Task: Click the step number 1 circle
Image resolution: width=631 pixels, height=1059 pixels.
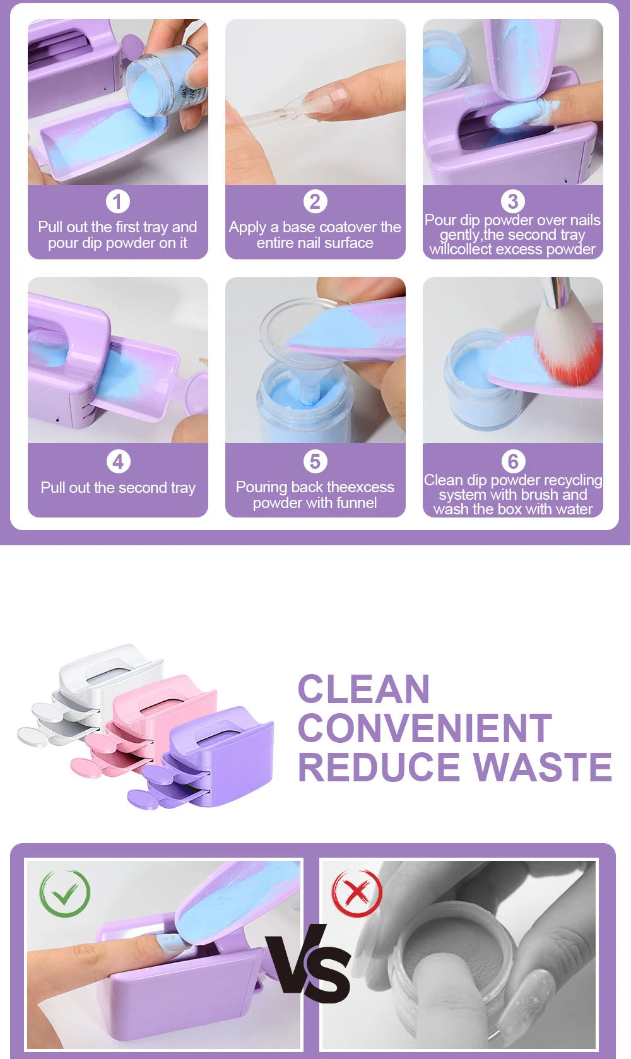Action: [117, 202]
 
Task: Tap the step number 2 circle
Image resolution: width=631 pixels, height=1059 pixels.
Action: [315, 202]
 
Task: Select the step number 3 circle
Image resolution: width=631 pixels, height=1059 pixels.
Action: [512, 201]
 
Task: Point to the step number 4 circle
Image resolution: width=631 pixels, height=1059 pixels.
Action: [117, 461]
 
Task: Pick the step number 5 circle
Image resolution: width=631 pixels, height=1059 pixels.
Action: [315, 461]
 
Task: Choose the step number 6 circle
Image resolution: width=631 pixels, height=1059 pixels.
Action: [513, 461]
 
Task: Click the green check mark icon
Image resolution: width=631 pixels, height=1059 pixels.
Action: [65, 893]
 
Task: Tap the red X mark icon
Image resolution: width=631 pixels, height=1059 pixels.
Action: [357, 893]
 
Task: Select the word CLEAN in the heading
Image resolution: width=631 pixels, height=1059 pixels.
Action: [363, 689]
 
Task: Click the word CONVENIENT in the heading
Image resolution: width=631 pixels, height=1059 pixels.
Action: [425, 728]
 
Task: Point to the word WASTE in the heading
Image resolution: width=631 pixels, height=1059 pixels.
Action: [543, 767]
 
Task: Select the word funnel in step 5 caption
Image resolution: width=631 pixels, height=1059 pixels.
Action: [357, 503]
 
